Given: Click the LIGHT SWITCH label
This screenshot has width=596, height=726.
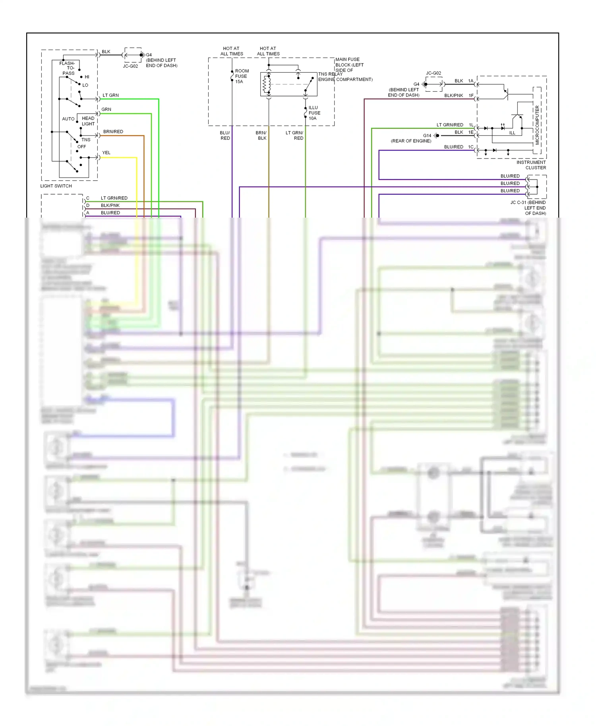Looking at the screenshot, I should [x=56, y=186].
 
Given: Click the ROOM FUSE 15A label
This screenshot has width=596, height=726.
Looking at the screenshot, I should [x=242, y=76].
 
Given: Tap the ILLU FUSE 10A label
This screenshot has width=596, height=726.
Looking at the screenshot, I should [x=314, y=113].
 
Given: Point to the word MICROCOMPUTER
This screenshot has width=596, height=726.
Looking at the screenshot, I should [x=537, y=125].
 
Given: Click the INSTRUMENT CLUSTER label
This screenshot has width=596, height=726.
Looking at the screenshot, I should [x=531, y=165].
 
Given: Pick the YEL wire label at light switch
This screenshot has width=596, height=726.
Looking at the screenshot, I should [x=106, y=153].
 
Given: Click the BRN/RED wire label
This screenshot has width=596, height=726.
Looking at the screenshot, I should [x=113, y=131].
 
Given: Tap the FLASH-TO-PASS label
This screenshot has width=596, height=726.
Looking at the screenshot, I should [x=68, y=68].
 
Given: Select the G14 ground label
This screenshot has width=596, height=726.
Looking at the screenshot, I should [x=427, y=135].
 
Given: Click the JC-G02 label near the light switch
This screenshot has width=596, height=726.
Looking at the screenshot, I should [x=130, y=66].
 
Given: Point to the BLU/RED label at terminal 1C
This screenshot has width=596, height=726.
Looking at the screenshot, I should [x=453, y=147].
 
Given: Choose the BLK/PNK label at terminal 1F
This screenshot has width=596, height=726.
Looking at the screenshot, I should [x=453, y=95].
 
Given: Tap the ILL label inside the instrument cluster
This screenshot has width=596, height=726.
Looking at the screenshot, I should [x=512, y=133].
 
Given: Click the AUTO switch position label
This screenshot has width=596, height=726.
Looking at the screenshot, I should [x=68, y=119].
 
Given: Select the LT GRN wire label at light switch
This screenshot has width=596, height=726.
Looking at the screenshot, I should [x=110, y=95].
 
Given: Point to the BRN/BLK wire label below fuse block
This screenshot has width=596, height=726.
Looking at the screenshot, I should [x=261, y=135].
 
